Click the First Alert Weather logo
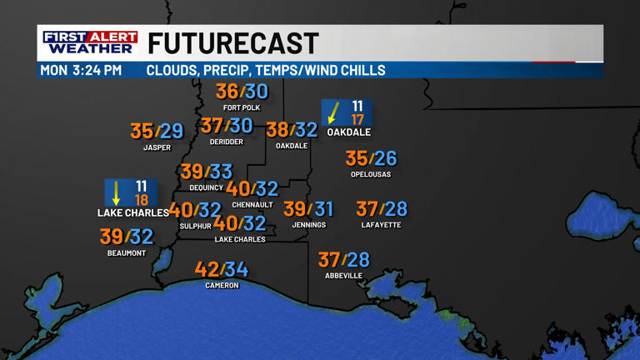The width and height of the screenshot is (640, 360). click(x=90, y=43)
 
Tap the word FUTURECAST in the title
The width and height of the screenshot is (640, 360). click(x=233, y=43)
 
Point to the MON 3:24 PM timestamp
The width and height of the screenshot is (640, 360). click(x=81, y=70)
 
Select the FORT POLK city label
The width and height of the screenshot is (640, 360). click(x=242, y=107)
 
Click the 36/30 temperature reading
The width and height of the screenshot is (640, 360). click(x=242, y=92)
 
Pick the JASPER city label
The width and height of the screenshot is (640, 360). click(x=157, y=147)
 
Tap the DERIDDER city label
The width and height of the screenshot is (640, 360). click(x=227, y=142)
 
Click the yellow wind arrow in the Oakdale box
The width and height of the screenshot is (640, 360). click(x=335, y=112)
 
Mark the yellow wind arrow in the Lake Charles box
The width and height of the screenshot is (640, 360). click(x=117, y=192)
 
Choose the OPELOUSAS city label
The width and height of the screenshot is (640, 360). click(x=371, y=174)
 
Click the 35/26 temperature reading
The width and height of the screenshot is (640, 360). click(x=371, y=158)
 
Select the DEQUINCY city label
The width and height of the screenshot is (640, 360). click(x=206, y=187)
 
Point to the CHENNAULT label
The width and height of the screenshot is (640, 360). click(x=252, y=205)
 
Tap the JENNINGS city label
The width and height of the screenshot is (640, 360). click(x=308, y=225)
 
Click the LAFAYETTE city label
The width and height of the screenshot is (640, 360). click(x=381, y=225)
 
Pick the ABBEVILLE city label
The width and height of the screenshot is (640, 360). click(x=343, y=275)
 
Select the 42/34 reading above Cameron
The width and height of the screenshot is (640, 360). click(x=222, y=270)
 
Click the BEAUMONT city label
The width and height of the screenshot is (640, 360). click(x=127, y=252)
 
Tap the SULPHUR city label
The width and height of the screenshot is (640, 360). click(x=195, y=226)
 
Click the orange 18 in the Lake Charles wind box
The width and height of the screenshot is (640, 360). click(x=142, y=200)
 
